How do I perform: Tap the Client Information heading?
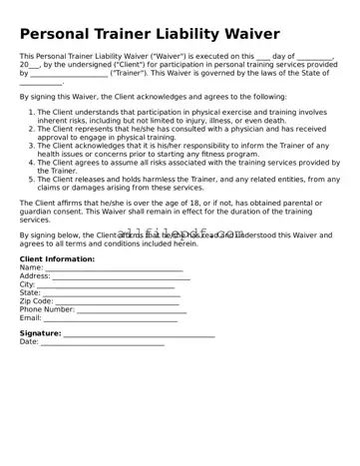57,259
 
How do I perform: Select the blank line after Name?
115,268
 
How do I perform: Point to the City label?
27,284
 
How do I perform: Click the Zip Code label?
36,300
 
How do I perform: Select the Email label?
30,317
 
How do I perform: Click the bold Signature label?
40,333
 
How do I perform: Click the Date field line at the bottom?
102,342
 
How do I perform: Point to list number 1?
31,113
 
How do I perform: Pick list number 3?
31,146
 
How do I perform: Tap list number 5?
31,179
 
